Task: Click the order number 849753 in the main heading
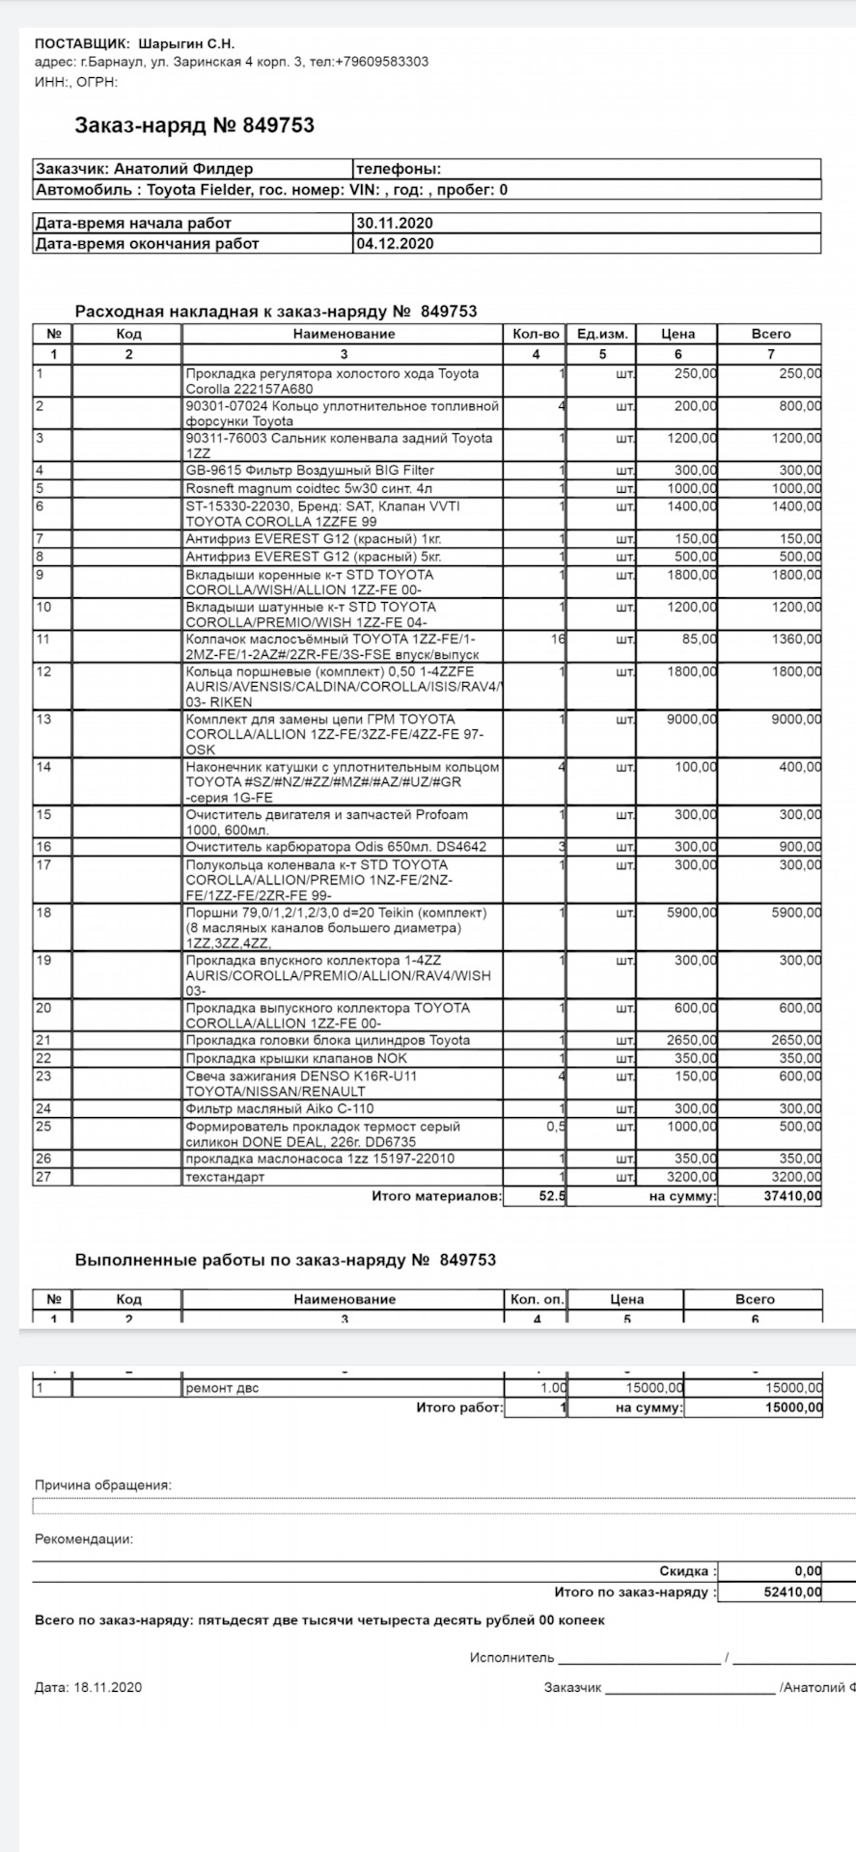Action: (278, 125)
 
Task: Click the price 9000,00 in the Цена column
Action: (692, 720)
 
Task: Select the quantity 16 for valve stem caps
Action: (557, 640)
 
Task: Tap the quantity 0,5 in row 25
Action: (555, 1127)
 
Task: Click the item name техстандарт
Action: (225, 1177)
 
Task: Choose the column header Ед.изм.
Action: (602, 334)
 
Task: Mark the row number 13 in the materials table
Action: (43, 720)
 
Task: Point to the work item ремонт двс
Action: (222, 1388)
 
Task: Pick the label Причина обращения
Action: (103, 1484)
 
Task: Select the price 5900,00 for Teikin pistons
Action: (692, 912)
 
